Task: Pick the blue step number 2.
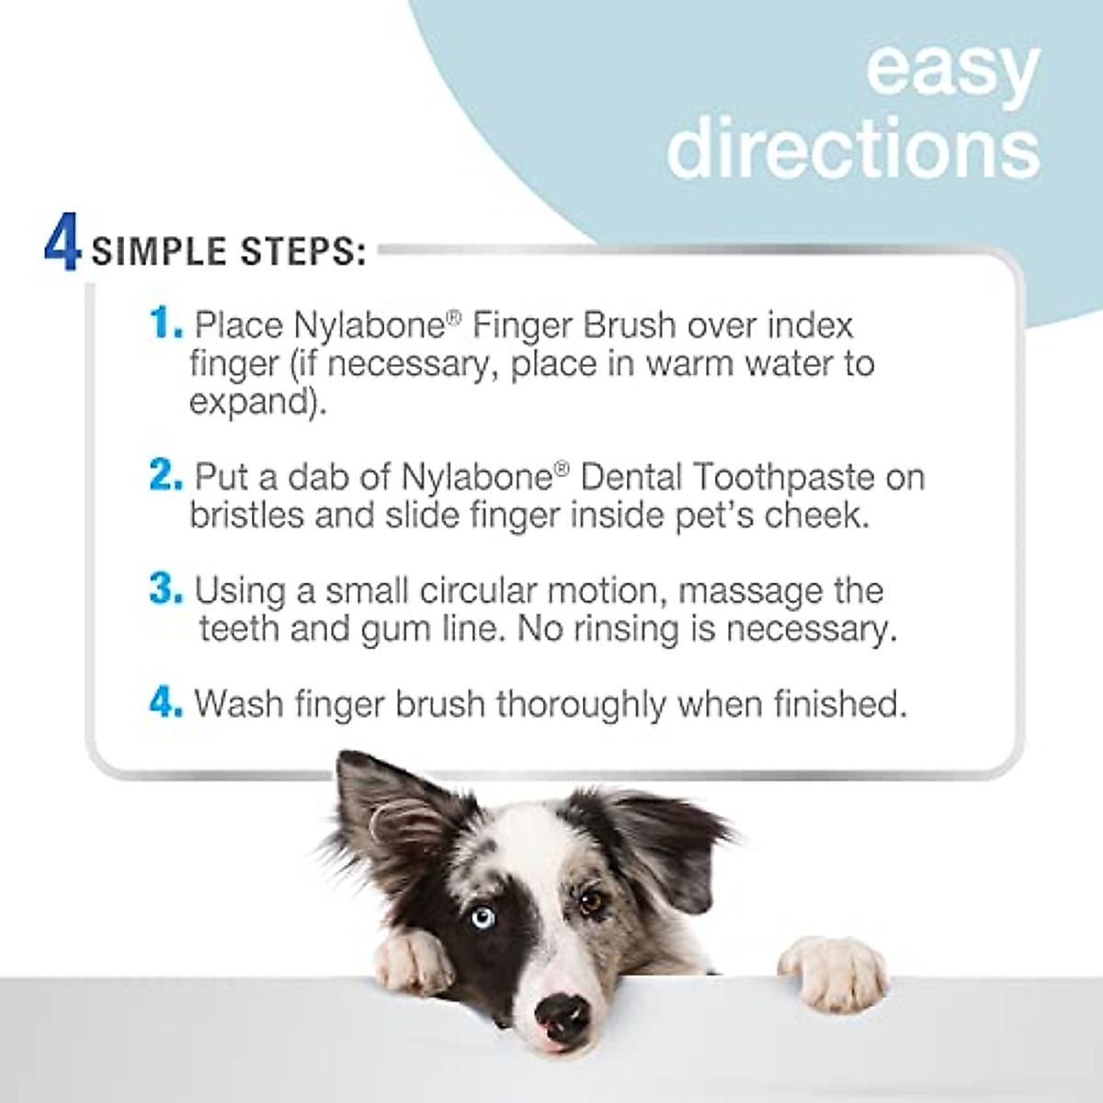tap(165, 476)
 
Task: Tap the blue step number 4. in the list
tap(165, 703)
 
